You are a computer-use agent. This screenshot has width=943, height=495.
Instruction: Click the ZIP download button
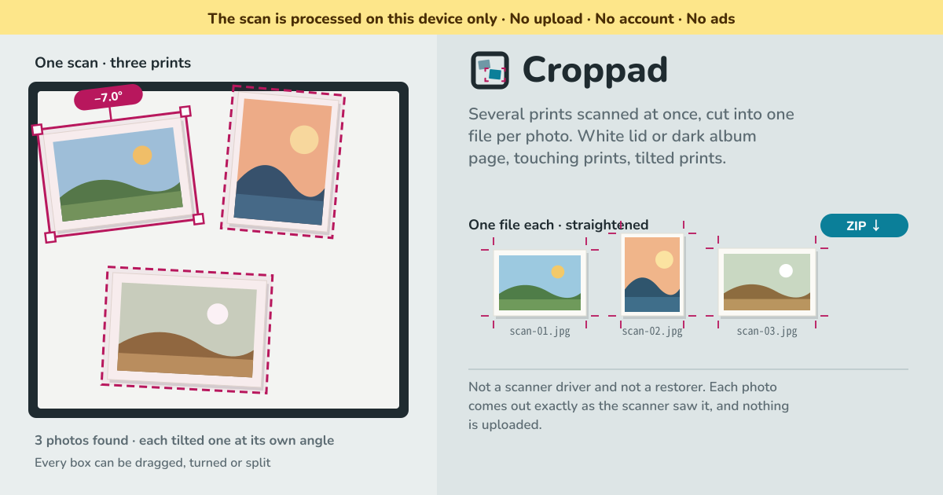tap(864, 225)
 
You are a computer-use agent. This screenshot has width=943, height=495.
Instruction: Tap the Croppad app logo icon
tap(490, 70)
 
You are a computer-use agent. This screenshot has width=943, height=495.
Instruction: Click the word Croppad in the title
tap(595, 70)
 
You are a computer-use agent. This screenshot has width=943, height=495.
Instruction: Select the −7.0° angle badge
tap(108, 97)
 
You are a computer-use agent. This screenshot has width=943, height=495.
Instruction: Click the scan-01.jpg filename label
tap(540, 332)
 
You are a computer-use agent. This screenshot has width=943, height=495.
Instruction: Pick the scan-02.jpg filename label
tap(652, 332)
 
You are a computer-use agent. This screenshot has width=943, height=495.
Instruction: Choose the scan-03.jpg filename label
tap(767, 332)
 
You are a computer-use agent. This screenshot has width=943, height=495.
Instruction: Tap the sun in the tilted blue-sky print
tap(142, 156)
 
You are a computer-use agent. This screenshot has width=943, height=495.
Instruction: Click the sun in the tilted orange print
tap(304, 140)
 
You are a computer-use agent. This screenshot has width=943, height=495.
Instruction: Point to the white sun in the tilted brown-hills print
tap(218, 314)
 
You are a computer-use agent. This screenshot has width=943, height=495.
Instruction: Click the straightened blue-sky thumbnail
tap(540, 282)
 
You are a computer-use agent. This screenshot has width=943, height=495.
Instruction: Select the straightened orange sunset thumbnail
tap(652, 274)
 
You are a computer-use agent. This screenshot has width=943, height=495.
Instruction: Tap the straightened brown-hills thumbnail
tap(767, 281)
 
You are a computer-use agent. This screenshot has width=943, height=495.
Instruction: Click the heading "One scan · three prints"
tap(113, 63)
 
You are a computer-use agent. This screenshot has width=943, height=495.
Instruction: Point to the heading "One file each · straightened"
tap(558, 225)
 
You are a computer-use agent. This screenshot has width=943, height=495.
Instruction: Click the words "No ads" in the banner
tap(710, 19)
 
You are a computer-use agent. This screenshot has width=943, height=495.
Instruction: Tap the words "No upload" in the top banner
tap(546, 19)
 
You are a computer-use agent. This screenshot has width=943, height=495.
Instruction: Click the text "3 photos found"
tap(81, 440)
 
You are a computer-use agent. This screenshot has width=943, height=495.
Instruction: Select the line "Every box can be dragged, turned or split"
tap(152, 463)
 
